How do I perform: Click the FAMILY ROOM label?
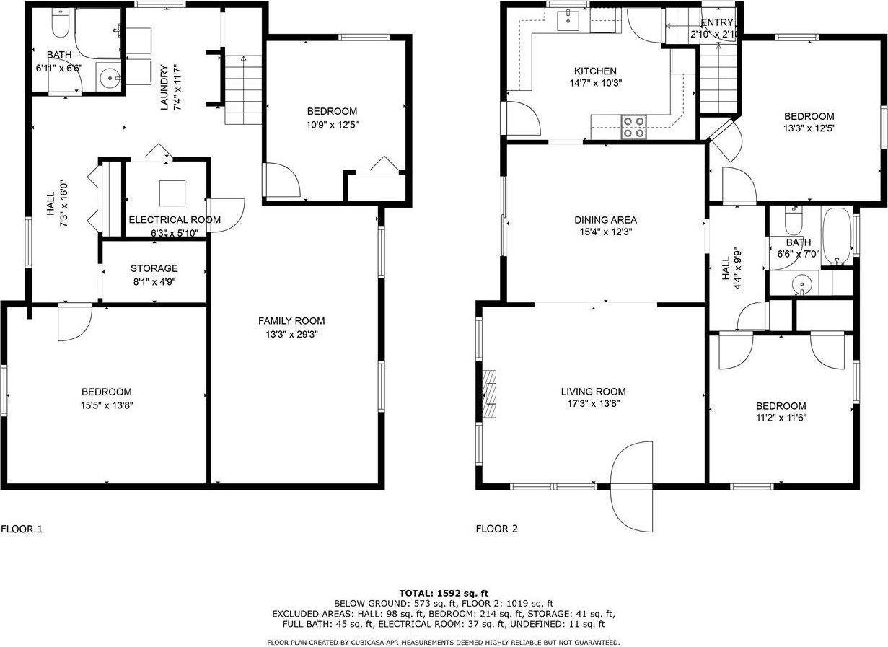pos(291,321)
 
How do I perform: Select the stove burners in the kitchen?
pos(634,127)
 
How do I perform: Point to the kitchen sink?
pos(569,21)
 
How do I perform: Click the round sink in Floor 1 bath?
pos(110,77)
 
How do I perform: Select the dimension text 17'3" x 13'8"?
pos(593,404)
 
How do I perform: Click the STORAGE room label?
pos(154,268)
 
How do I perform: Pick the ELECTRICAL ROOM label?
pos(175,220)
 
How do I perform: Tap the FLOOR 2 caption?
pos(496,529)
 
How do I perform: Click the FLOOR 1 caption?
pos(22,529)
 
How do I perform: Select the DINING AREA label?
pos(605,220)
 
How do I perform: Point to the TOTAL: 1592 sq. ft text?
pos(444,593)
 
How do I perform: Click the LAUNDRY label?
pos(164,88)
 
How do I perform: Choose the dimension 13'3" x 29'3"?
pos(291,335)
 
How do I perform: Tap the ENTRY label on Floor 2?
pos(716,22)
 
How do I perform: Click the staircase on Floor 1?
pos(244,90)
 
